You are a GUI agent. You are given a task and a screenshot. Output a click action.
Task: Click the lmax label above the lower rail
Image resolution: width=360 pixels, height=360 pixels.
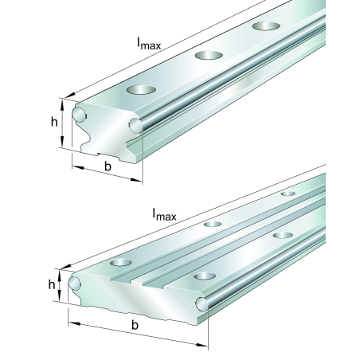(x=164, y=214)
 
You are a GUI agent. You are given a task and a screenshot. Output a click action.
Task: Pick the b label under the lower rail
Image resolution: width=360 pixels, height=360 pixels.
(x=135, y=327)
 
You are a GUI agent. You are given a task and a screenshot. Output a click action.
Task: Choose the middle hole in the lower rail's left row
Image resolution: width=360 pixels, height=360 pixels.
(x=213, y=224)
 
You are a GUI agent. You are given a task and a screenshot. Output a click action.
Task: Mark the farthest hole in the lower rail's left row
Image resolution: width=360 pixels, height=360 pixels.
(x=288, y=194)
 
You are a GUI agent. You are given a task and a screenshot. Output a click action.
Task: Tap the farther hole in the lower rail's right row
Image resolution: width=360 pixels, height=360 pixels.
(x=280, y=235)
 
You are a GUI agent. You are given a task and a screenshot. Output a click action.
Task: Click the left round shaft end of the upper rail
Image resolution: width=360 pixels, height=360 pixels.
(x=79, y=114)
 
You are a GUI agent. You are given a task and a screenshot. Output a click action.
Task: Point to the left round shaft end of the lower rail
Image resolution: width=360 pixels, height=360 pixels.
(x=76, y=283)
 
